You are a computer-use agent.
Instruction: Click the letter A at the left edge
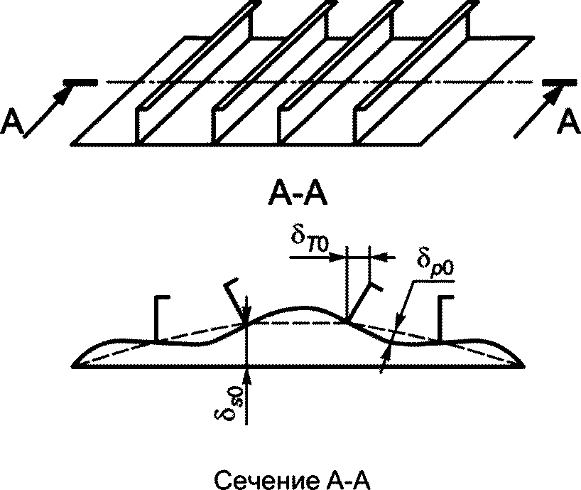click(x=12, y=123)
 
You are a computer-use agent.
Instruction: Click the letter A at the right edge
click(x=568, y=122)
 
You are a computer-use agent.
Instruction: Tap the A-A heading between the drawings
click(x=298, y=194)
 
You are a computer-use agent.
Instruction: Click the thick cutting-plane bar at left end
click(x=80, y=82)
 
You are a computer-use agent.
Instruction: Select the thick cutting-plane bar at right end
click(x=560, y=82)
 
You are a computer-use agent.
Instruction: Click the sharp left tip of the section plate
click(x=72, y=366)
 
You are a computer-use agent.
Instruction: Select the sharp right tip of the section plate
click(x=524, y=366)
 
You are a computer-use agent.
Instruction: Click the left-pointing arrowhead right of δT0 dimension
click(x=378, y=256)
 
